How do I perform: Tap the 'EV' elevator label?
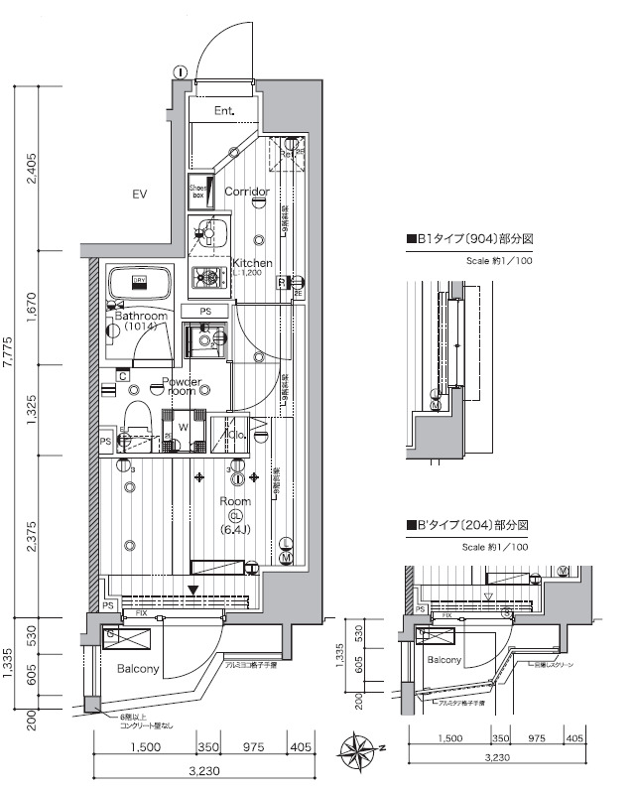pyautogui.click(x=139, y=195)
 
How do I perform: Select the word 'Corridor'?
pyautogui.click(x=247, y=192)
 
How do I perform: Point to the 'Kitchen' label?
pyautogui.click(x=252, y=263)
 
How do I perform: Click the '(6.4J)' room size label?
pyautogui.click(x=236, y=529)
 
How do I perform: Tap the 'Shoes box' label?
pyautogui.click(x=198, y=192)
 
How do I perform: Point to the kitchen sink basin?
pyautogui.click(x=209, y=234)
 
